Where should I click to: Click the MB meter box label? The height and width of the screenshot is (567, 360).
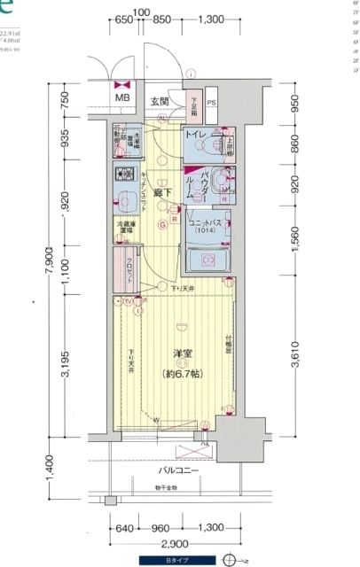pyautogui.click(x=121, y=97)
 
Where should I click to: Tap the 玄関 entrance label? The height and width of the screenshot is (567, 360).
pyautogui.click(x=159, y=100)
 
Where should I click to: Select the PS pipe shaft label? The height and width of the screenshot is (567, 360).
pyautogui.click(x=212, y=102)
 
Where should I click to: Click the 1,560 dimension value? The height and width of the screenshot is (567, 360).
pyautogui.click(x=293, y=233)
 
